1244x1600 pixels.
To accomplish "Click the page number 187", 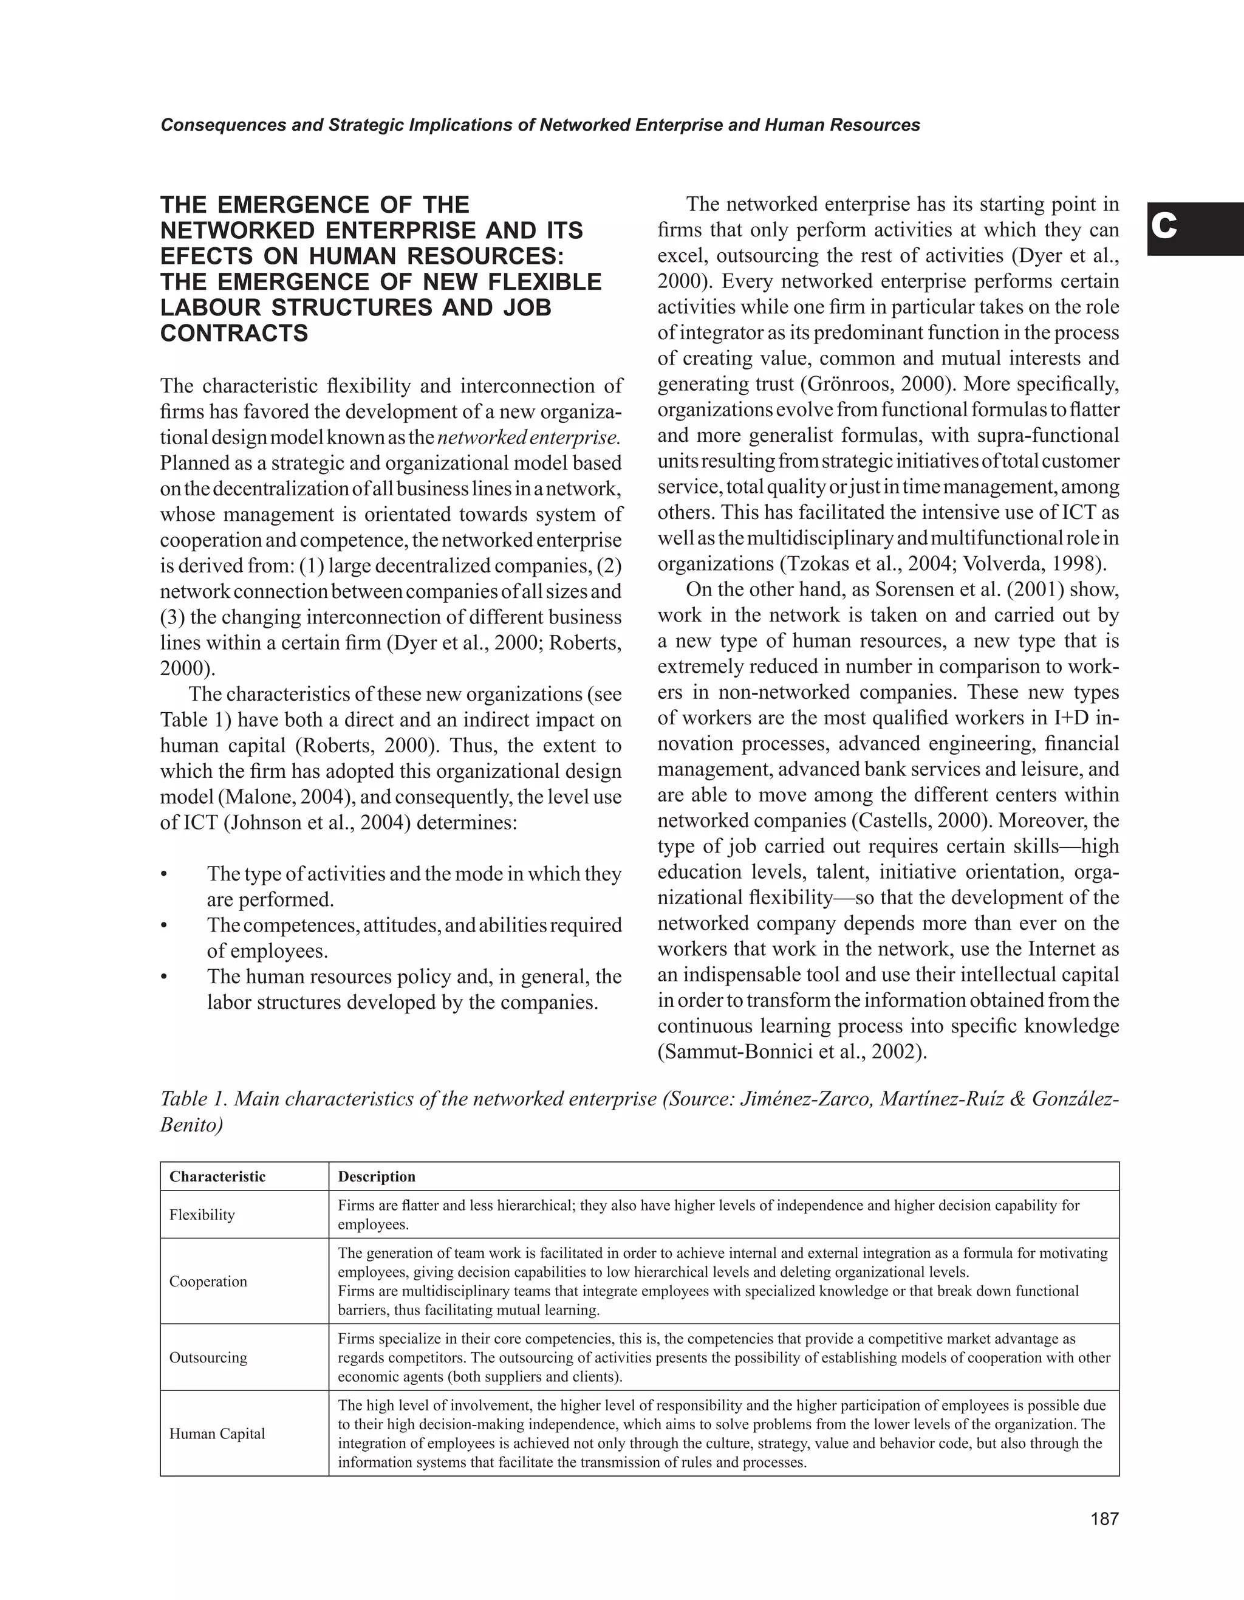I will (1105, 1519).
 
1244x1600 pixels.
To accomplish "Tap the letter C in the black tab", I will (1164, 228).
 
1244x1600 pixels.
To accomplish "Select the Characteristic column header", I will (217, 1176).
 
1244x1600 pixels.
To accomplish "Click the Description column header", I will (377, 1176).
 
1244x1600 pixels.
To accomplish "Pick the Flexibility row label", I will (202, 1215).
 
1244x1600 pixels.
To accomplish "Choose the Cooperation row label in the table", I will (208, 1282).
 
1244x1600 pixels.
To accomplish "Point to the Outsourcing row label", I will (208, 1358).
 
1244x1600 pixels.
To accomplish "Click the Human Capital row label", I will (217, 1433).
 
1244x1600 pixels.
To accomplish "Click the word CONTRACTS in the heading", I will (234, 334).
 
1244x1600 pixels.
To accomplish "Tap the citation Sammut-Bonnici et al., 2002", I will (791, 1052).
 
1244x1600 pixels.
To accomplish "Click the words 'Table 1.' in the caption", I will (192, 1099).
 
